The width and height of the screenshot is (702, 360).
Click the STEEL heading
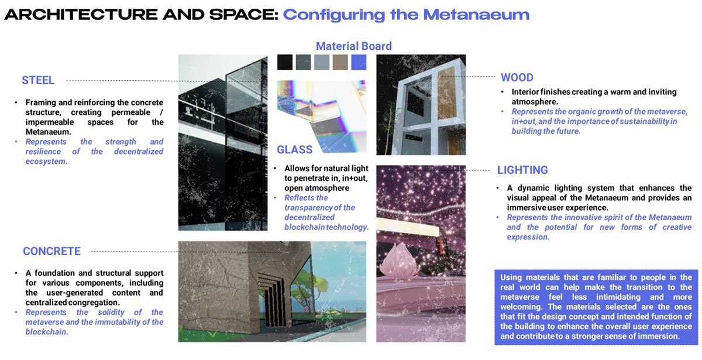[38, 80]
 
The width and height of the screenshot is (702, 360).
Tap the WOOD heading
[517, 77]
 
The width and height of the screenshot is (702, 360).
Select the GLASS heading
[295, 150]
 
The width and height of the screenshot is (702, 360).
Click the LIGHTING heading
[523, 170]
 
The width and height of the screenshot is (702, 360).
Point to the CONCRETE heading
[51, 251]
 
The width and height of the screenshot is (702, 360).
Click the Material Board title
[354, 46]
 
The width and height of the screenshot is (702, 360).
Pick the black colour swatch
[285, 62]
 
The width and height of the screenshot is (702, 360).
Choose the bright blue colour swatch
[359, 62]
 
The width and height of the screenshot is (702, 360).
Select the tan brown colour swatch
[340, 62]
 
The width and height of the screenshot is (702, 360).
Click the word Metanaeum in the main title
[476, 15]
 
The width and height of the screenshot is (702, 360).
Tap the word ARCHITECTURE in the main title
[81, 15]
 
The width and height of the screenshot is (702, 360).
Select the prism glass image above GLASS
[322, 116]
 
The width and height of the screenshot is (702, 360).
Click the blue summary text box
[596, 307]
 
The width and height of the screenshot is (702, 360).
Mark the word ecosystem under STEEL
[46, 162]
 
